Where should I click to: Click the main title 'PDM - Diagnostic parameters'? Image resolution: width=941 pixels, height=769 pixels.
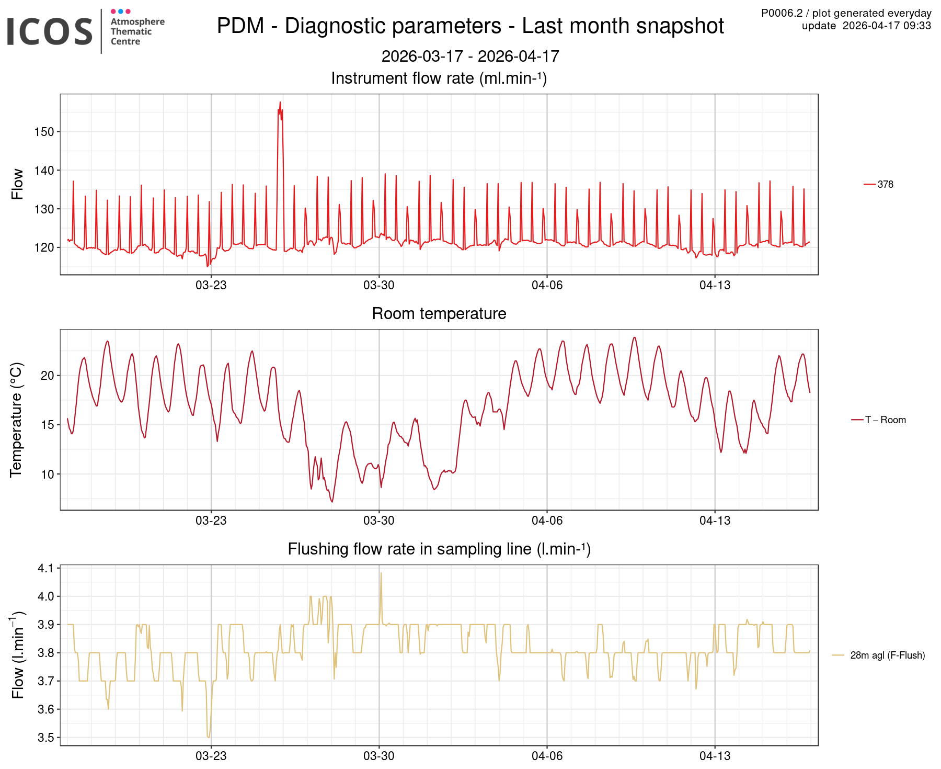point(470,26)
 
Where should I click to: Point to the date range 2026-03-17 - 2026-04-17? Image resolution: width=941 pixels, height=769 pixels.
point(470,56)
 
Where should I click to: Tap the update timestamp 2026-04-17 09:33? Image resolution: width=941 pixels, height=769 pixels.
point(887,26)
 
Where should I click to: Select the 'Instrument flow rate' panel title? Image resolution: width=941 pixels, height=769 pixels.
point(439,78)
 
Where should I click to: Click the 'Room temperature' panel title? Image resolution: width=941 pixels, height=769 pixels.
point(439,313)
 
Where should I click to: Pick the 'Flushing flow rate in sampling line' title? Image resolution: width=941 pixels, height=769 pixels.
point(439,549)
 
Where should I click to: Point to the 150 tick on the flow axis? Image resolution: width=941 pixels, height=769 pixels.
point(44,132)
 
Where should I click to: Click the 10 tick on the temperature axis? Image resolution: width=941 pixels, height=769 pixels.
point(47,474)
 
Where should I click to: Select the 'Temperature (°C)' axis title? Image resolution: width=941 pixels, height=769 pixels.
point(17,420)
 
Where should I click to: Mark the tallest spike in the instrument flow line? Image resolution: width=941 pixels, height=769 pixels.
point(280,103)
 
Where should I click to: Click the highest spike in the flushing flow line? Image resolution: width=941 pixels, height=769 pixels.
point(381,573)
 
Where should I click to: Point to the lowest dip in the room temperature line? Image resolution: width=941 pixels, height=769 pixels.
point(331,501)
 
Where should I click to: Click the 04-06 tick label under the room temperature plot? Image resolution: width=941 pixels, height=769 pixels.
point(547,521)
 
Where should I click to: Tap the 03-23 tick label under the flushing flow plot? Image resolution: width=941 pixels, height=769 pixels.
point(211,756)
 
